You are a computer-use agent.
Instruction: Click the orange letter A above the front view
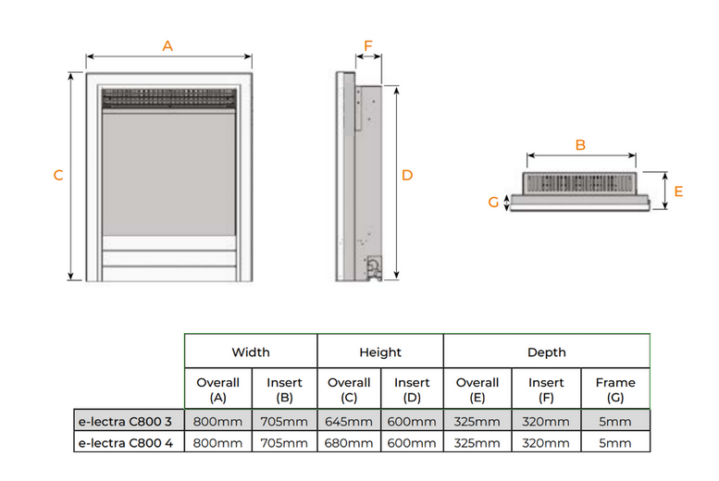(167, 46)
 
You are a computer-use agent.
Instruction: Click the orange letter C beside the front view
(58, 176)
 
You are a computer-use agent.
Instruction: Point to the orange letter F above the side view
(367, 45)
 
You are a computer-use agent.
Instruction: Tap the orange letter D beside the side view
(407, 175)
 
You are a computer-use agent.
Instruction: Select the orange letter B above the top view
(580, 145)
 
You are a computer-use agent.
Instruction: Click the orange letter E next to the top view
(678, 191)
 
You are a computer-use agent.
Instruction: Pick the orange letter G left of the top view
(493, 202)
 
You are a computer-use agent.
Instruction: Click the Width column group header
(251, 352)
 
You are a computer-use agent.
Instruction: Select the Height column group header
(380, 352)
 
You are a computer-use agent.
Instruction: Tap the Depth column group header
(546, 352)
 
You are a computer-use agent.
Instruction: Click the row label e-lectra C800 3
(126, 422)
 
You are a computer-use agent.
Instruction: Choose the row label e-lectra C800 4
(126, 443)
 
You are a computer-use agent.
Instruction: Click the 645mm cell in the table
(349, 422)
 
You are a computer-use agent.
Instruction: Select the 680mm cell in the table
(349, 443)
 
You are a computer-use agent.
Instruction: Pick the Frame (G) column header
(615, 388)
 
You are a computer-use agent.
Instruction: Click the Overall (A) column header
(217, 388)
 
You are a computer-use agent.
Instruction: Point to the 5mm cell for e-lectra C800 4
(615, 443)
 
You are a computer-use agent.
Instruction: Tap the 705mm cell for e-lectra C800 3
(284, 422)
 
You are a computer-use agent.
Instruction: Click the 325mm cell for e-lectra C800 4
(477, 443)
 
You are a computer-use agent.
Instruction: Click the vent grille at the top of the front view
(168, 97)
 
